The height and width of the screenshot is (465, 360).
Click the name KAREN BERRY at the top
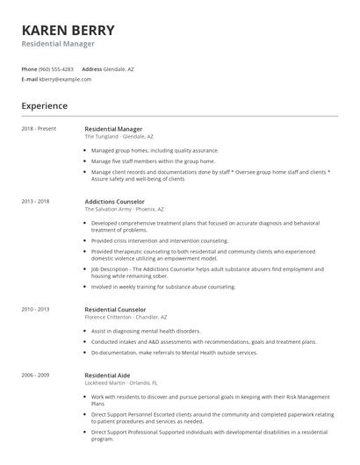click(x=68, y=29)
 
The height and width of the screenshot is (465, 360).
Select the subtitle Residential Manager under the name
click(x=58, y=44)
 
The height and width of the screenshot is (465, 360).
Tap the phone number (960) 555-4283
click(x=56, y=68)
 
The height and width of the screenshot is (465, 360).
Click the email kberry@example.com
click(x=65, y=79)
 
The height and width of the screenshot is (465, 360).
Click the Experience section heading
click(x=45, y=106)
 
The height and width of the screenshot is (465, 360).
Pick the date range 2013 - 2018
click(x=35, y=202)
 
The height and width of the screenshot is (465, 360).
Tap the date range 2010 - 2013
click(x=35, y=309)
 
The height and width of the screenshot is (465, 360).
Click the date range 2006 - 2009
click(x=35, y=374)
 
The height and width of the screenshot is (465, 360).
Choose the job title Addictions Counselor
click(x=116, y=202)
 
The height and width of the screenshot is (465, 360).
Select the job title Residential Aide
click(x=108, y=374)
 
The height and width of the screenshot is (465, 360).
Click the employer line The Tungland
click(x=119, y=137)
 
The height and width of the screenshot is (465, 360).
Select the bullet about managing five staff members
click(x=153, y=161)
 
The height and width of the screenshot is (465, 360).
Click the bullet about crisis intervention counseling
click(x=159, y=240)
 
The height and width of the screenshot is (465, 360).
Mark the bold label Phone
click(x=29, y=68)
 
